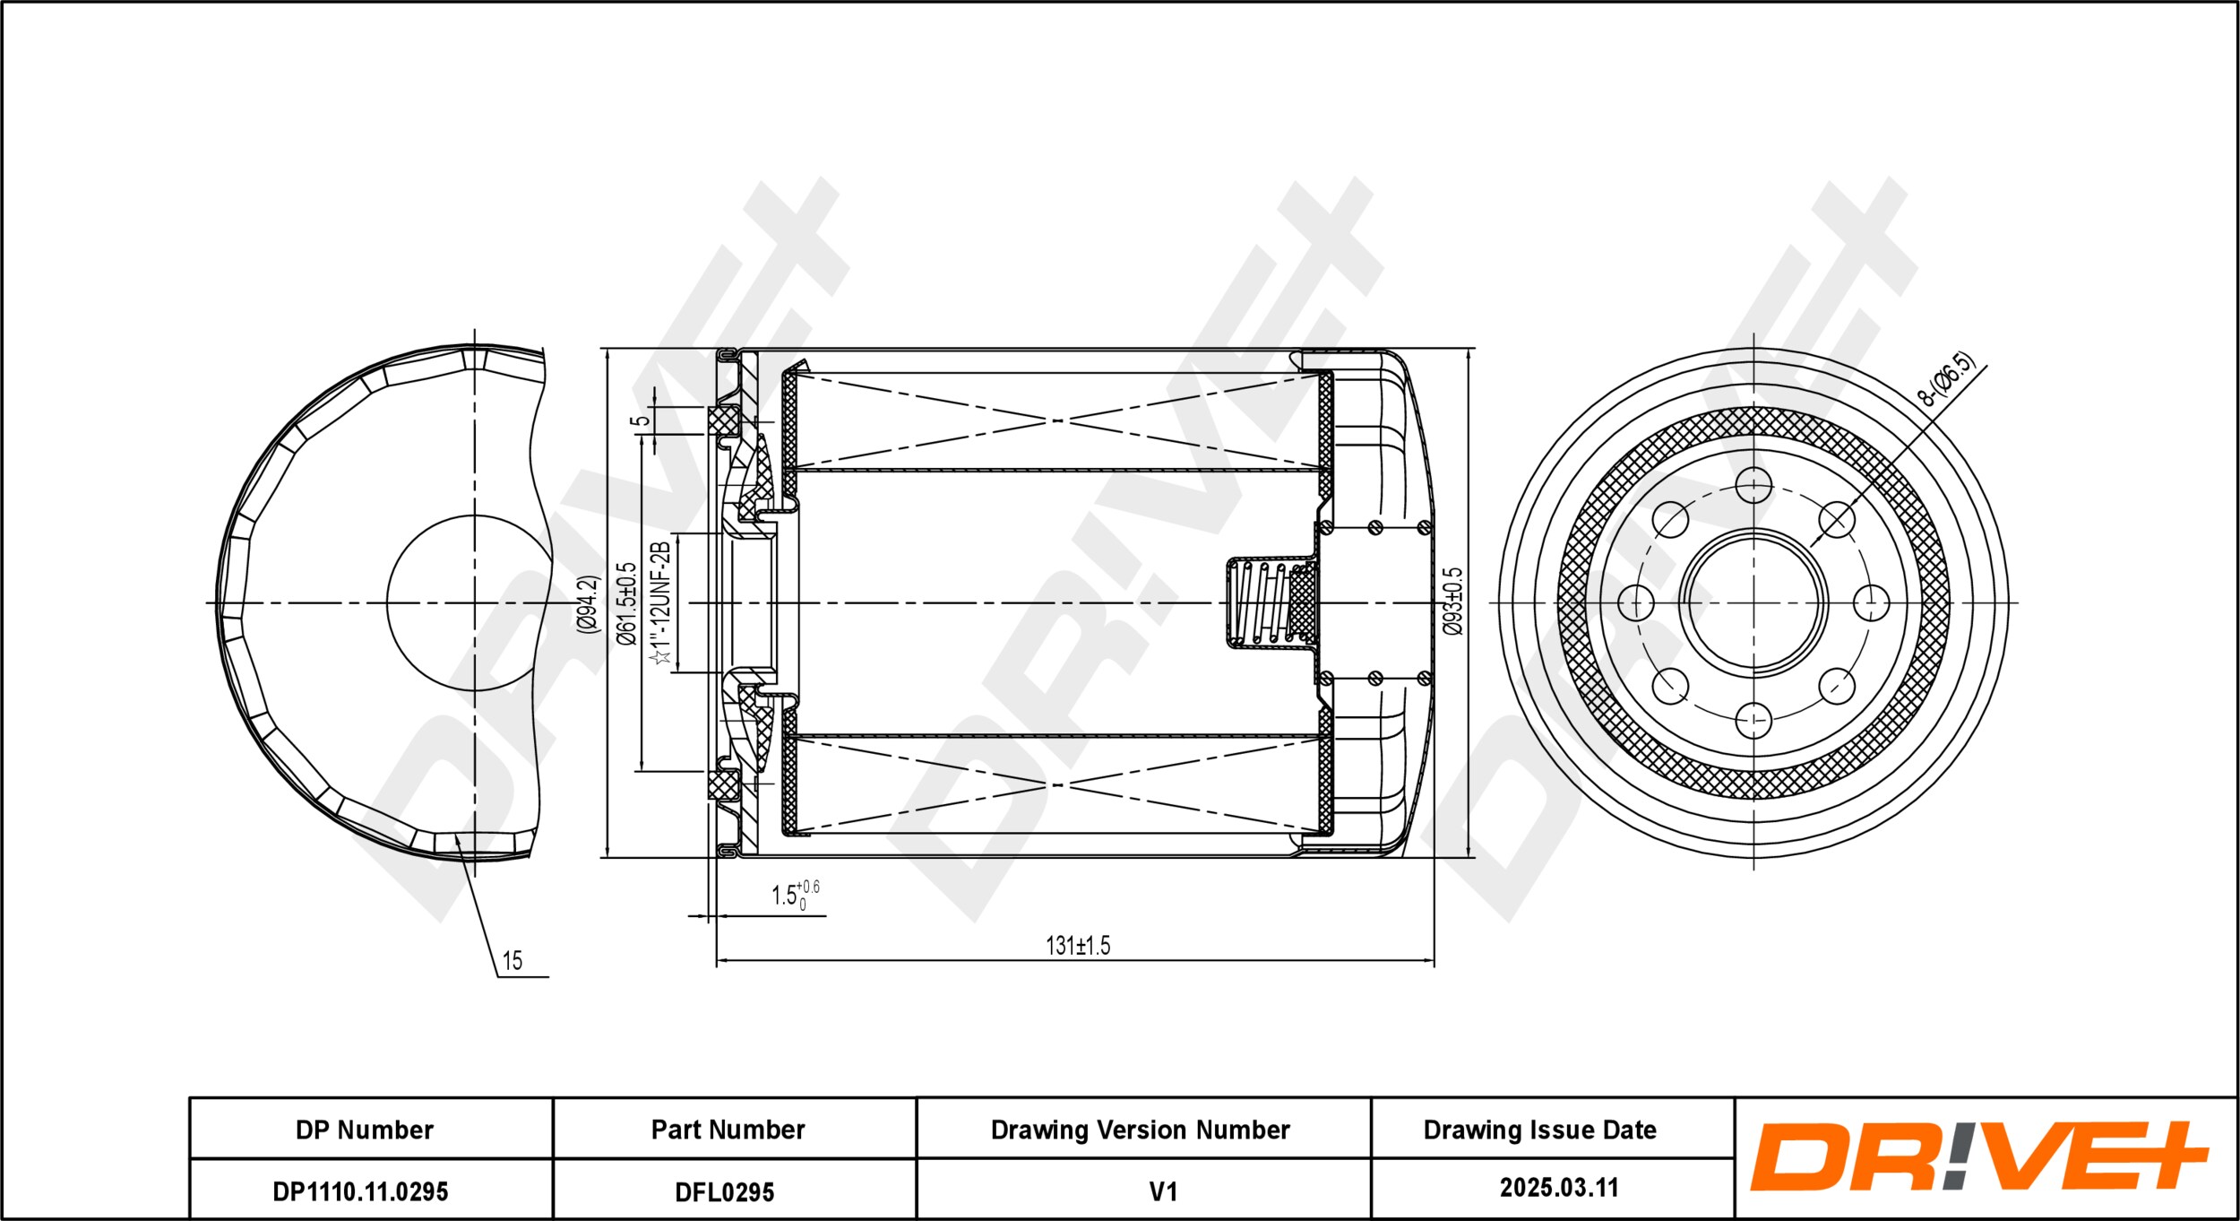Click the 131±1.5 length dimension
click(1078, 946)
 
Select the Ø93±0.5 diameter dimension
click(1452, 602)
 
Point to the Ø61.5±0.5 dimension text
click(626, 604)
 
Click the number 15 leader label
click(512, 961)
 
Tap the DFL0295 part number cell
click(724, 1191)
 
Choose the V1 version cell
click(1162, 1191)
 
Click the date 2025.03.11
click(1559, 1188)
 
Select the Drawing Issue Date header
click(1539, 1130)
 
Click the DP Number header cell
click(365, 1130)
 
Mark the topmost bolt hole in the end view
click(1753, 485)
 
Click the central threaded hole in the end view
click(1753, 602)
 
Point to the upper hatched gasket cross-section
click(724, 420)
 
